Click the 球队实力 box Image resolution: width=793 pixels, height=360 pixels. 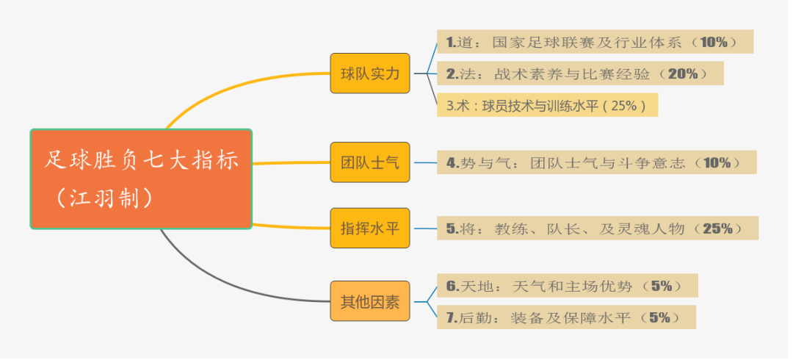coord(370,73)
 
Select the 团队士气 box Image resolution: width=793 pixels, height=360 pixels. coord(370,162)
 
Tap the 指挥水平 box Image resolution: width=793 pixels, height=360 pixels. coord(370,228)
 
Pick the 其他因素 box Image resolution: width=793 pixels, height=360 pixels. coord(370,300)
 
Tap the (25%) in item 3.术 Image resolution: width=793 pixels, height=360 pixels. coord(623,105)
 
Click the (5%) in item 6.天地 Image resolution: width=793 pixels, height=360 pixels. coord(661,286)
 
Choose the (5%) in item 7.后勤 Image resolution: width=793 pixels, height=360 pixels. coord(659,317)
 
